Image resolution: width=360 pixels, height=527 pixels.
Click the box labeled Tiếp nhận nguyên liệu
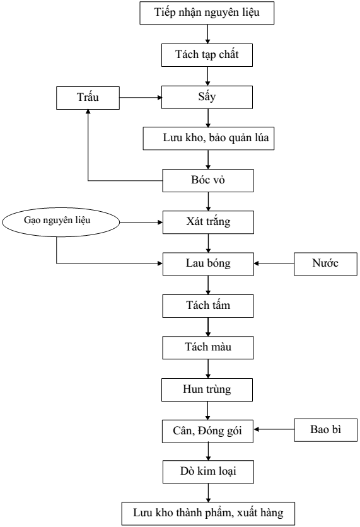[x=207, y=13]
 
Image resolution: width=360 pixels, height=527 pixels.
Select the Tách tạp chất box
[x=207, y=55]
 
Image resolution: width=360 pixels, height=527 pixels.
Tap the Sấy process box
[x=207, y=97]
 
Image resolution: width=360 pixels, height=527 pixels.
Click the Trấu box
[x=88, y=98]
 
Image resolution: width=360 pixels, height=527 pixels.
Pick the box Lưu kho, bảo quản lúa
[x=209, y=138]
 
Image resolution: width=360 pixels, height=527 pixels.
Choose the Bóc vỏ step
[x=208, y=180]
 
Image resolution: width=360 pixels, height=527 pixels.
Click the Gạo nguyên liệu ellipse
[x=61, y=222]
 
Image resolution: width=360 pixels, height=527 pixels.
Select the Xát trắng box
[x=209, y=222]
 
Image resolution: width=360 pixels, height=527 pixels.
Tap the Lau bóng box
[x=209, y=264]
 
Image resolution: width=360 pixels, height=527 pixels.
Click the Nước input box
[x=326, y=264]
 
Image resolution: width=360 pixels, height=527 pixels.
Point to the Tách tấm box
[x=208, y=306]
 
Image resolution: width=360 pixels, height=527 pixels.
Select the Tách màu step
[x=208, y=348]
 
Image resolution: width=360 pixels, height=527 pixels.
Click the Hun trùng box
[x=207, y=390]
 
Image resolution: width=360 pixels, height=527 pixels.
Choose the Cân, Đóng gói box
[x=207, y=431]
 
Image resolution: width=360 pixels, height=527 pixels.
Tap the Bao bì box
[x=326, y=430]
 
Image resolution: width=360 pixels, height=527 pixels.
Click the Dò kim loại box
[x=209, y=472]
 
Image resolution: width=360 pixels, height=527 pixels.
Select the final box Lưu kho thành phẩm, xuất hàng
[x=208, y=514]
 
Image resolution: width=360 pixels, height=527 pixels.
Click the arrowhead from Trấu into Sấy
[x=160, y=98]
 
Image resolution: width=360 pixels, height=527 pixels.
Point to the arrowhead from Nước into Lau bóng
[x=257, y=263]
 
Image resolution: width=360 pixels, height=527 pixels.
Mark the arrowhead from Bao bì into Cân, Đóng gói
[x=256, y=429]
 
